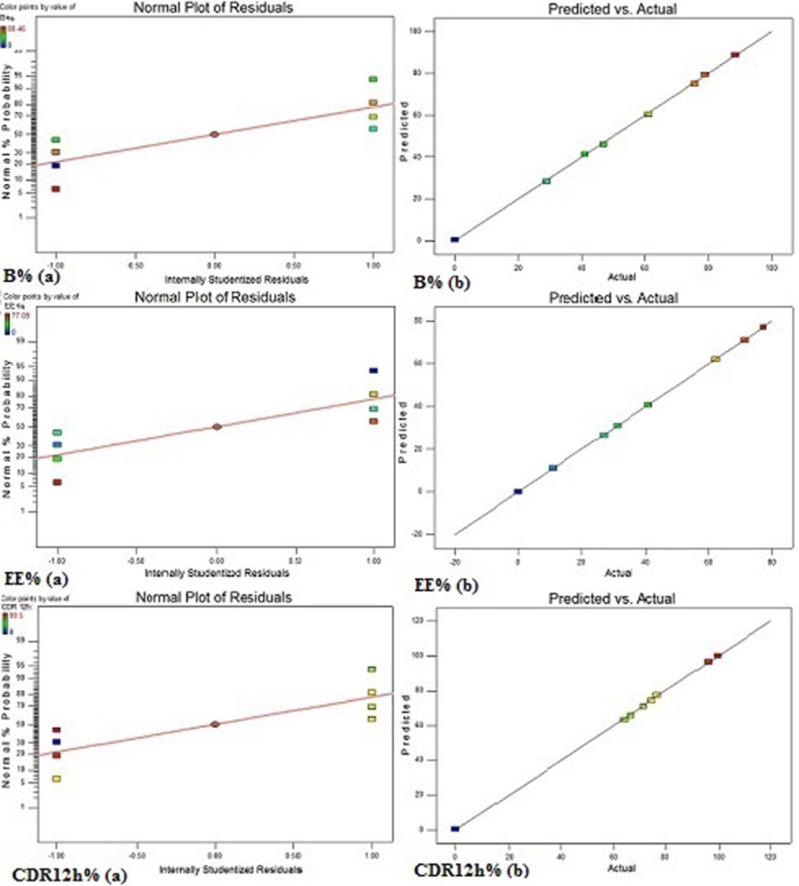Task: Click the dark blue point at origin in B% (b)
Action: coord(455,240)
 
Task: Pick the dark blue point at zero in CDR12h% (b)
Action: coord(455,829)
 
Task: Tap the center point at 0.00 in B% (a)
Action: coord(215,134)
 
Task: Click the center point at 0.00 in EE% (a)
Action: coord(216,426)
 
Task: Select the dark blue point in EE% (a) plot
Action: coord(374,371)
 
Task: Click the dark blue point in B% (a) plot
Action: coord(56,166)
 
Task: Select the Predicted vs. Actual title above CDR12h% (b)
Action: coord(610,598)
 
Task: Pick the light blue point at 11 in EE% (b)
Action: coord(553,468)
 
